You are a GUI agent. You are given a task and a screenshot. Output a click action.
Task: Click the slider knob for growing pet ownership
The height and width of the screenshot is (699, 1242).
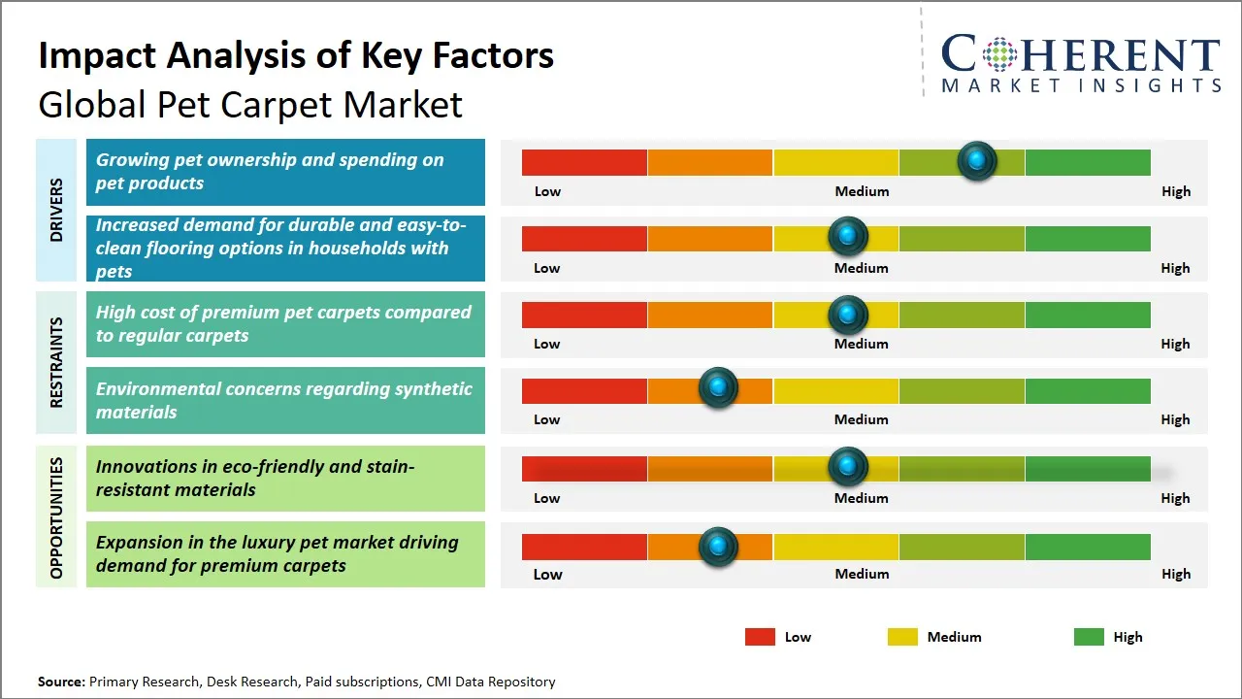[x=977, y=160]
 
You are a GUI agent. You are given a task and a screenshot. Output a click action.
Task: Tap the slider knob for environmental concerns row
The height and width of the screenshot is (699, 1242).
[x=718, y=387]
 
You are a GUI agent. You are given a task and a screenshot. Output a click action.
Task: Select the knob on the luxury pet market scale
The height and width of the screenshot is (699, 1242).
[x=718, y=547]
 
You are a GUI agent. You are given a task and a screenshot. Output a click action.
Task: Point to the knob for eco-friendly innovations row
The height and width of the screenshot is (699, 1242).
[x=848, y=467]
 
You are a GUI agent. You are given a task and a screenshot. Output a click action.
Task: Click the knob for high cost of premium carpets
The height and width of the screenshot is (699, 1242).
[x=848, y=315]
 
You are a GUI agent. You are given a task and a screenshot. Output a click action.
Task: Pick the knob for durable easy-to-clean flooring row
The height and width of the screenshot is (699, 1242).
[x=848, y=236]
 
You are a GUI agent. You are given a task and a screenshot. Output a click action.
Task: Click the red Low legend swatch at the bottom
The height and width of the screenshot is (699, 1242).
[x=760, y=637]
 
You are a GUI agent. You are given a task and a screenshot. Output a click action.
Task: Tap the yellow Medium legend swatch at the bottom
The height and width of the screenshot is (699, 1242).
[x=902, y=637]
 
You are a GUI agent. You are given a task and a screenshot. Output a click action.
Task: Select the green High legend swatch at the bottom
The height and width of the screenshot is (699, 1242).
[x=1089, y=637]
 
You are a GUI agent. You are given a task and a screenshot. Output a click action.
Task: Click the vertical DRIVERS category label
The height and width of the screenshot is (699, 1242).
[x=56, y=210]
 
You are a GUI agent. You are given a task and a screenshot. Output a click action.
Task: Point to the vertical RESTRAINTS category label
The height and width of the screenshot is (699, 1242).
[x=56, y=362]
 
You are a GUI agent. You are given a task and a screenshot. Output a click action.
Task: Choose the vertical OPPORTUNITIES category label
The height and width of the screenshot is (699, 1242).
[x=56, y=517]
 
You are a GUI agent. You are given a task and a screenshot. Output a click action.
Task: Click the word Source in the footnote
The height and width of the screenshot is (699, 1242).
[x=61, y=682]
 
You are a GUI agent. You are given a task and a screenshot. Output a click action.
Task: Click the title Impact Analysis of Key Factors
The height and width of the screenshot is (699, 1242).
[x=296, y=55]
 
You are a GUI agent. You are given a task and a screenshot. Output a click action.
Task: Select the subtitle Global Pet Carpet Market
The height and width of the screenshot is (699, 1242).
[x=250, y=105]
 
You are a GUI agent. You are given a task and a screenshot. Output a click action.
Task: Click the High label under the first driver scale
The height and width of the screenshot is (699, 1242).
[x=1175, y=191]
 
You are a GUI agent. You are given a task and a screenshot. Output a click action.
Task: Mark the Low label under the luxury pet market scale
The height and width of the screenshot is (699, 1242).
[x=547, y=574]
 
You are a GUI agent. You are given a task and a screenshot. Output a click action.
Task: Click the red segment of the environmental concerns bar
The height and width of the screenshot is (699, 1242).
[x=584, y=391]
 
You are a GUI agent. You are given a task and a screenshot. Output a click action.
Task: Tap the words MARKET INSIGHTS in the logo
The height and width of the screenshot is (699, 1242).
[x=1081, y=85]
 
